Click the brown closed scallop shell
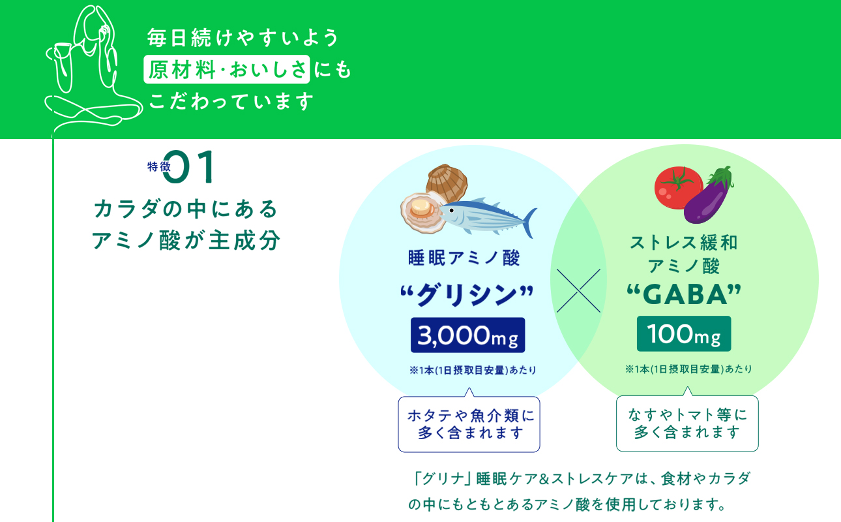(447, 181)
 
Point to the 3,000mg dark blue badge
(467, 335)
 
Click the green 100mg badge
(684, 334)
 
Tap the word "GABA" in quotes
(684, 295)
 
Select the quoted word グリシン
(467, 296)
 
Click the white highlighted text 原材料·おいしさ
(227, 70)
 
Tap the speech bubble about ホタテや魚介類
(469, 424)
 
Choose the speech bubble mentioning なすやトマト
(687, 423)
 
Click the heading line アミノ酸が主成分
(186, 241)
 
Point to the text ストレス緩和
(684, 243)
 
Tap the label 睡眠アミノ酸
(464, 258)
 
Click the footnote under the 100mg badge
(688, 369)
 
